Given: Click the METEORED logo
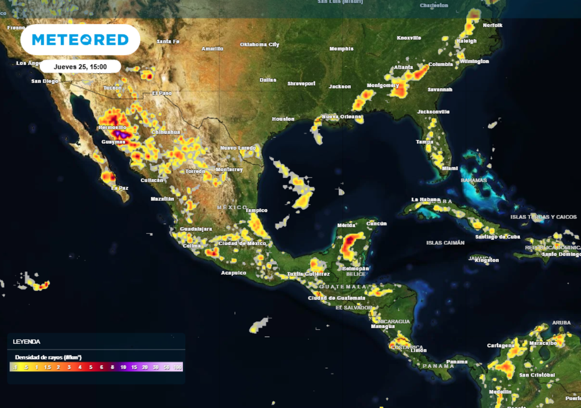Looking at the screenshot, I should (x=80, y=40).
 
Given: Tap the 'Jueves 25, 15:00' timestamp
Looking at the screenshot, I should (x=80, y=66).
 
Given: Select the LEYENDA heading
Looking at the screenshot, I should (x=27, y=342).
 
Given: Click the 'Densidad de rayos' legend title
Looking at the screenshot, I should (x=48, y=358).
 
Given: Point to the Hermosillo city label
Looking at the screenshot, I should (x=113, y=128).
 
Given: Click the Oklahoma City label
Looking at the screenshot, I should (x=259, y=44).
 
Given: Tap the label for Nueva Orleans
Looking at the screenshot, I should (x=342, y=117).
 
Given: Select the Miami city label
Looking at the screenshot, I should (x=450, y=168).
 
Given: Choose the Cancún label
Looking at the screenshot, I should (x=376, y=224).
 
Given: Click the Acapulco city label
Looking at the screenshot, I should (x=233, y=273).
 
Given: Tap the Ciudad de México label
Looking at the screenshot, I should (x=242, y=244).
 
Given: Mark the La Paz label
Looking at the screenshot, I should (x=119, y=188).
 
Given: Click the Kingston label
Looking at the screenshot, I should (x=487, y=261).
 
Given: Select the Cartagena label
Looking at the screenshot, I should (x=500, y=346).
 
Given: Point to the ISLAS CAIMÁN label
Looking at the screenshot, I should (x=445, y=243).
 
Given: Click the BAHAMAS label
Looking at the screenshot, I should (x=474, y=180).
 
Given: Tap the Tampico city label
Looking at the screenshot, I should (x=256, y=210).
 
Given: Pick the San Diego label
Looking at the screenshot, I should (x=44, y=81).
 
